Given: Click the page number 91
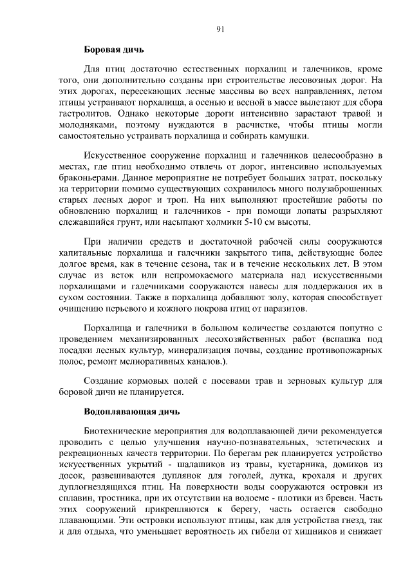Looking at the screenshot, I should (220, 28).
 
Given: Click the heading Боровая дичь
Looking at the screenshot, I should (114, 49).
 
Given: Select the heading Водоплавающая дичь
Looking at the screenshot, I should (132, 410).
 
